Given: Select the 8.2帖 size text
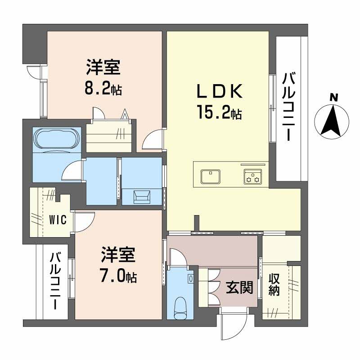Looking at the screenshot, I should coord(103,89).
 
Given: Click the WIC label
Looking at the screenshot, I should coord(58,220).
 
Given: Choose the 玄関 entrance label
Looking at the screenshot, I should coord(236,287).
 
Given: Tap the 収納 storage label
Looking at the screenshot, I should coord(274,285).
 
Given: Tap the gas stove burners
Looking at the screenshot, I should coord(252,177).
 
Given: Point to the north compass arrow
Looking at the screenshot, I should coord(333,121).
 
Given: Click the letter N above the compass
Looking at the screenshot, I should coord(333,97).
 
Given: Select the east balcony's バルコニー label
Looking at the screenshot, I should coord(288,107).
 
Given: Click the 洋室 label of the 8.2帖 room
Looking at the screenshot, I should coord(103,68).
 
